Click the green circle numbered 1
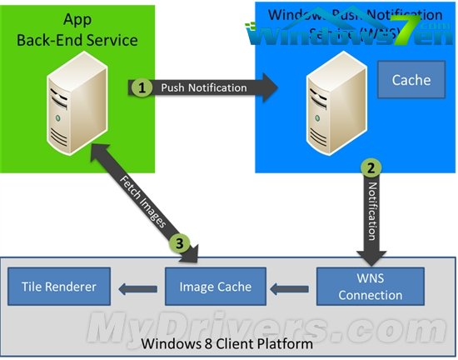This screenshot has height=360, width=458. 142,87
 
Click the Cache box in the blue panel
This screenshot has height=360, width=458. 411,80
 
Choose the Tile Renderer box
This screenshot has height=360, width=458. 58,287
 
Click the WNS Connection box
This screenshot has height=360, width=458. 371,287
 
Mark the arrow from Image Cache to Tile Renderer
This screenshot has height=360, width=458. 137,288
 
